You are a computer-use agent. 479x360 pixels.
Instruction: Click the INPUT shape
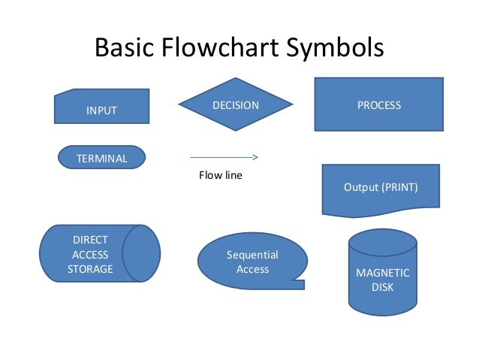pyautogui.click(x=101, y=107)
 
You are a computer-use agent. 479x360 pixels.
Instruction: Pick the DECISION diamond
pyautogui.click(x=235, y=105)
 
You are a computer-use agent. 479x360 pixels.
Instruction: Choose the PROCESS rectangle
pyautogui.click(x=378, y=105)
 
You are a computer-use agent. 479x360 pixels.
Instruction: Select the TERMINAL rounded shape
pyautogui.click(x=101, y=157)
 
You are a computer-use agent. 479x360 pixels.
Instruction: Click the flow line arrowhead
pyautogui.click(x=255, y=158)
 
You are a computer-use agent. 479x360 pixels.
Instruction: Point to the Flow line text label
pyautogui.click(x=220, y=176)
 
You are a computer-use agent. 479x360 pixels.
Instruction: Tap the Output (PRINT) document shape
pyautogui.click(x=381, y=188)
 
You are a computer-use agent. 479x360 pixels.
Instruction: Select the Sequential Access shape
pyautogui.click(x=252, y=262)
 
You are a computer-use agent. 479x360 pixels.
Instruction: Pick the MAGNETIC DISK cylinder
pyautogui.click(x=382, y=278)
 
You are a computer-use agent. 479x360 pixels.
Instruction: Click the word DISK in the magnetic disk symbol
pyautogui.click(x=382, y=287)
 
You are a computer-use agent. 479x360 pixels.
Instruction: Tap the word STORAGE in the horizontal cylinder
pyautogui.click(x=90, y=268)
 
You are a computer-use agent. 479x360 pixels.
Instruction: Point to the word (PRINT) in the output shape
pyautogui.click(x=401, y=186)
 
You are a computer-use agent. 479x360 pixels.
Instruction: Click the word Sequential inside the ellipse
pyautogui.click(x=252, y=255)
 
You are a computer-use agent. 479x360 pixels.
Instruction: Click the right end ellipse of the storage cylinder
pyautogui.click(x=141, y=253)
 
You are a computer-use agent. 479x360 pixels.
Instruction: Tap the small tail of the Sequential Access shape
pyautogui.click(x=298, y=284)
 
